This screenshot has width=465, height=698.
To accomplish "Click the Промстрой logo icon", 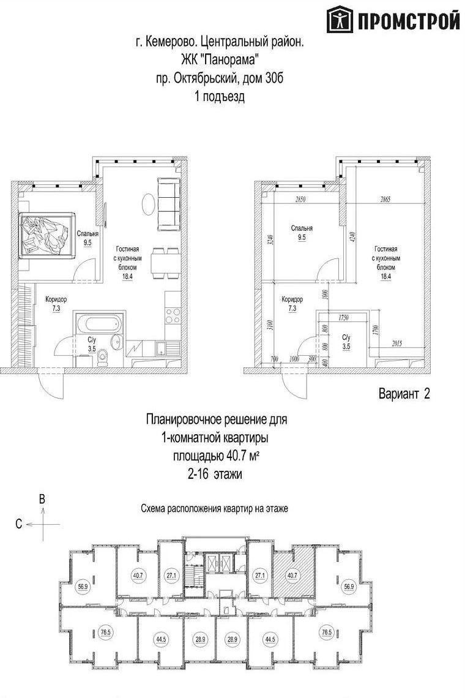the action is click(340, 20).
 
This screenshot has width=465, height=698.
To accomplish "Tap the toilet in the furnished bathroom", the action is click(104, 355).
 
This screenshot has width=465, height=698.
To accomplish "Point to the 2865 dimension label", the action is click(385, 199).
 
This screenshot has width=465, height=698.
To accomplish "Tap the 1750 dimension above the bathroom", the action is click(343, 317).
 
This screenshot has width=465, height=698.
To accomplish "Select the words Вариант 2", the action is click(404, 394).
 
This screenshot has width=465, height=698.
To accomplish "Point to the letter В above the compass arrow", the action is click(42, 500).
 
